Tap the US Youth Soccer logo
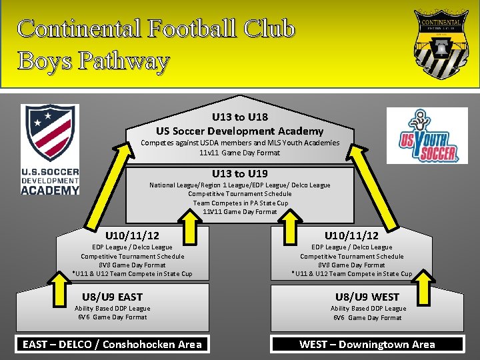pyautogui.click(x=428, y=136)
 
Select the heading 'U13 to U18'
pyautogui.click(x=240, y=117)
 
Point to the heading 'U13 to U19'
pyautogui.click(x=240, y=173)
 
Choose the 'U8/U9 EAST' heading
pyautogui.click(x=112, y=297)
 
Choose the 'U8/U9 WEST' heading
pyautogui.click(x=367, y=297)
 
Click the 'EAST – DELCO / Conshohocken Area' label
pyautogui.click(x=112, y=344)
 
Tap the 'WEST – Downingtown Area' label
pyautogui.click(x=367, y=344)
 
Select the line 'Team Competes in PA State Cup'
pyautogui.click(x=240, y=203)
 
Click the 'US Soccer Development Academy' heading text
pyautogui.click(x=240, y=131)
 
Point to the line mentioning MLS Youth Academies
pyautogui.click(x=240, y=143)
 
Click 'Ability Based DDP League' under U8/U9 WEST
pyautogui.click(x=368, y=309)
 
